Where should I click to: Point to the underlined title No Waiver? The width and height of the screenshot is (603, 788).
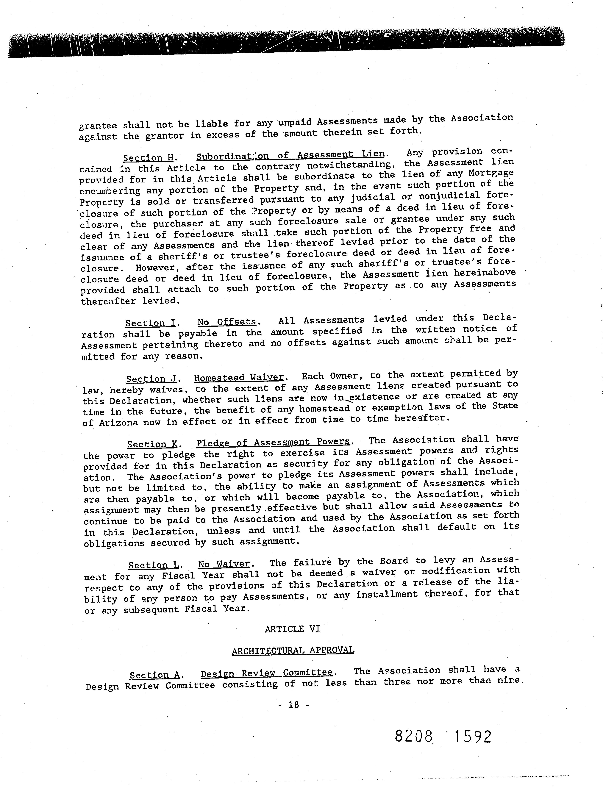point(224,564)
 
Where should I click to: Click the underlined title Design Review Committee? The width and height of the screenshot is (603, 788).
point(266,673)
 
